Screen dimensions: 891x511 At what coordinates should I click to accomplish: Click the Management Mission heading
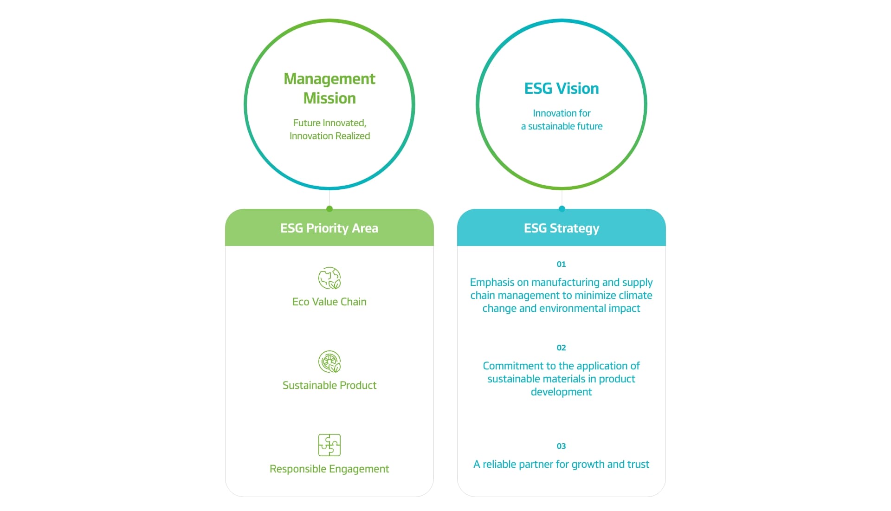point(329,89)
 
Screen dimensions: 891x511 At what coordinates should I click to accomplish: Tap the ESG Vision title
point(562,88)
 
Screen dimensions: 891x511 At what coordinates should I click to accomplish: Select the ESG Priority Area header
point(329,228)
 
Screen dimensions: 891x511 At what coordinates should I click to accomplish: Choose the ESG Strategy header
point(562,228)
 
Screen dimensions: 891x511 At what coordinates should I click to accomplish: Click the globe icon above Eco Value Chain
point(329,278)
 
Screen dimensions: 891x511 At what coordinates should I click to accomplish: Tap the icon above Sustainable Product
point(329,362)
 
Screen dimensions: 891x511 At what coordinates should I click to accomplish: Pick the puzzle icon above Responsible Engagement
point(329,445)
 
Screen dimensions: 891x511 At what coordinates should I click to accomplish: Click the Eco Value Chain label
point(329,302)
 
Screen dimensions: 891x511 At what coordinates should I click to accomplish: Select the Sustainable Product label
point(329,385)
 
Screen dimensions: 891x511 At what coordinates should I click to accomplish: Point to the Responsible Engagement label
point(329,469)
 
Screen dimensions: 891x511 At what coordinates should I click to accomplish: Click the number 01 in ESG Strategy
point(562,264)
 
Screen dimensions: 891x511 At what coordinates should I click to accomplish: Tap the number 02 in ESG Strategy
point(562,348)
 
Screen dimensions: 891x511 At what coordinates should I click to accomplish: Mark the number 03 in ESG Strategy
point(562,446)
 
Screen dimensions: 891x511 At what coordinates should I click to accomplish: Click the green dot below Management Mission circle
point(329,209)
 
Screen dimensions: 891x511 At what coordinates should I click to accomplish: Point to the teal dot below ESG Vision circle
point(562,209)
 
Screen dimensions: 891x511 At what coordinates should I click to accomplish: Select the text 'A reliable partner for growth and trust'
point(562,465)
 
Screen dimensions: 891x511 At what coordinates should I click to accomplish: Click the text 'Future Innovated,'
point(329,123)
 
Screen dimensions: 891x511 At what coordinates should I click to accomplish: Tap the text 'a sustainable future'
point(562,126)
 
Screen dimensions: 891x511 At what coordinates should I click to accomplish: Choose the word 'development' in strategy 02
point(562,392)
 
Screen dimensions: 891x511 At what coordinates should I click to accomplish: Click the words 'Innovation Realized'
point(329,136)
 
